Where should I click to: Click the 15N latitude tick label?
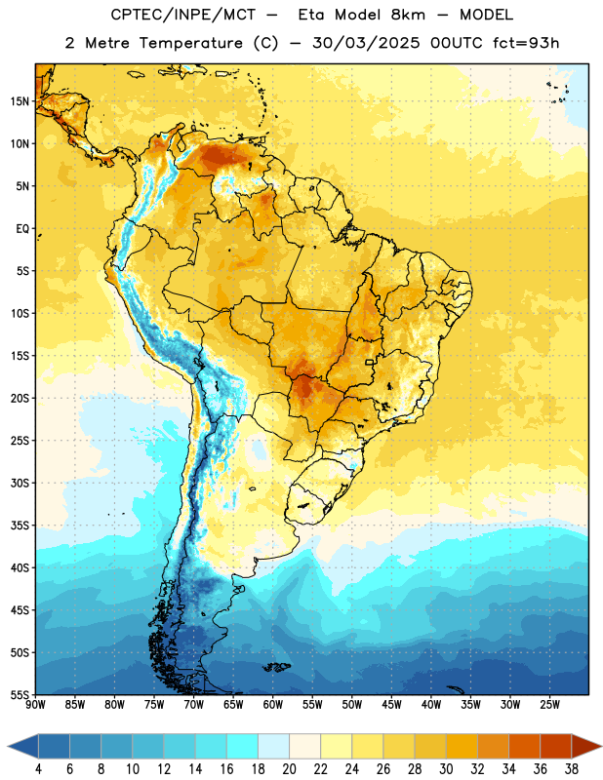click(20, 101)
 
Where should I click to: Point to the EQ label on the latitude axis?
click(22, 229)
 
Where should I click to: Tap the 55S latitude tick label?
click(20, 694)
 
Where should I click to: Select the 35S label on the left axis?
click(20, 526)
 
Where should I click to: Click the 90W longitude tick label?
click(36, 704)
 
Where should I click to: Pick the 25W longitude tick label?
click(549, 704)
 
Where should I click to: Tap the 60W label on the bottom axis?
click(273, 704)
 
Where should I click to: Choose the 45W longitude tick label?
click(392, 704)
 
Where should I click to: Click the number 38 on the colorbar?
click(572, 769)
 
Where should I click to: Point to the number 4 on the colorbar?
click(38, 769)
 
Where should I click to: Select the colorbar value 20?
click(289, 769)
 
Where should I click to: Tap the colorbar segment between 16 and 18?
click(243, 746)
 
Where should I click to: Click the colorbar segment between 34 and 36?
click(525, 746)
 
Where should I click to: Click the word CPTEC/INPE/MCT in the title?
click(183, 15)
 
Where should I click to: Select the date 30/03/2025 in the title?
click(366, 43)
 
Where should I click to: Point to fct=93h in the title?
click(526, 43)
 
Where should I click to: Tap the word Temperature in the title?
click(190, 43)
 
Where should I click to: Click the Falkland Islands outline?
click(277, 667)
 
